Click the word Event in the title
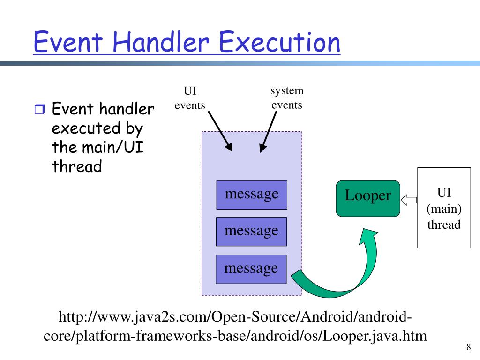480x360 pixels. (67, 42)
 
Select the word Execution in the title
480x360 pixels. (280, 42)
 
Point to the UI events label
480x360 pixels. (190, 98)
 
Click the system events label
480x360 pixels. (287, 97)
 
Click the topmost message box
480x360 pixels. (251, 195)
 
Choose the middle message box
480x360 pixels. (251, 232)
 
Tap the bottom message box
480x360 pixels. (251, 269)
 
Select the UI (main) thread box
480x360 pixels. (444, 207)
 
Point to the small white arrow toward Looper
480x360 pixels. (409, 200)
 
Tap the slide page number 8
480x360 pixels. (468, 347)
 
